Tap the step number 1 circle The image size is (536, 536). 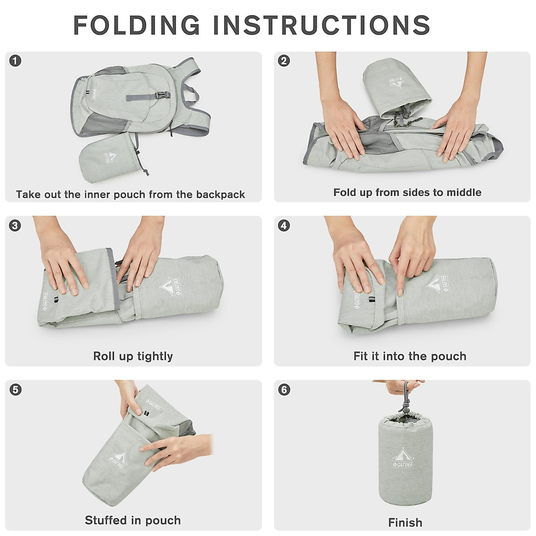15,61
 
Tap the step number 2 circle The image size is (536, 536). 284,61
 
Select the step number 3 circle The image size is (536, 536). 15,225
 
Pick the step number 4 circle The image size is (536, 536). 284,225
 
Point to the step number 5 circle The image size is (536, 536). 15,389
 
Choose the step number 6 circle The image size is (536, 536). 284,389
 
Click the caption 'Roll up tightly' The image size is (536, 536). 133,356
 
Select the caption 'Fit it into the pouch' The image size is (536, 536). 410,356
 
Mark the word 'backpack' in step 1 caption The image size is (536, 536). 221,194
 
